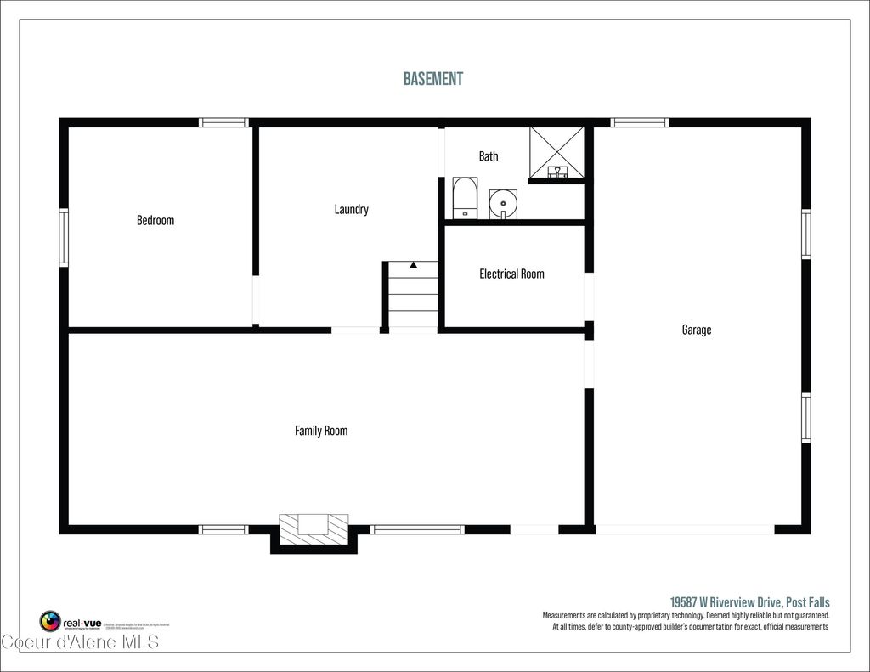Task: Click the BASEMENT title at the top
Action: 433,79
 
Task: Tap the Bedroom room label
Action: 155,220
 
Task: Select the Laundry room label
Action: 351,209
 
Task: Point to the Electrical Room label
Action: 511,274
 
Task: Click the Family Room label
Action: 321,431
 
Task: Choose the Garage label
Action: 696,330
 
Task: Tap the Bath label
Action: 489,156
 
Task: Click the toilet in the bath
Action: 464,198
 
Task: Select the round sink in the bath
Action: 503,204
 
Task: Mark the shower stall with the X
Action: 557,151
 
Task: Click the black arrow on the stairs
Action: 413,265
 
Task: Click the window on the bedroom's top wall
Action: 224,122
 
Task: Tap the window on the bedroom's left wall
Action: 64,238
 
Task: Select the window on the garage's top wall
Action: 639,122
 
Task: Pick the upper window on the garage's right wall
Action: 805,234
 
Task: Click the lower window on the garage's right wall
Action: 805,417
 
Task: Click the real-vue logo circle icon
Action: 50,621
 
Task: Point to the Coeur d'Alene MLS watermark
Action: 80,641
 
